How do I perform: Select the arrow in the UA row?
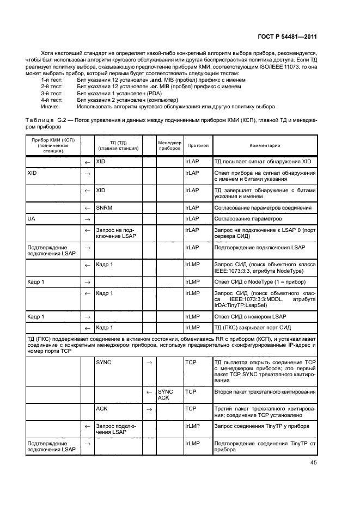[87, 218]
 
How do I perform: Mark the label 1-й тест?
[52, 80]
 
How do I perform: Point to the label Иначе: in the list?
[51, 106]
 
